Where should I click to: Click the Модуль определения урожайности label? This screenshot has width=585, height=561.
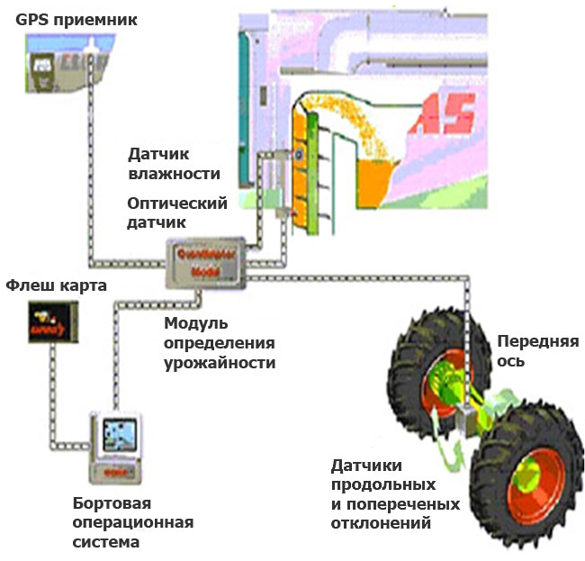(x=220, y=343)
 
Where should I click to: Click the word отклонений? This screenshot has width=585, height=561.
(x=382, y=522)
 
